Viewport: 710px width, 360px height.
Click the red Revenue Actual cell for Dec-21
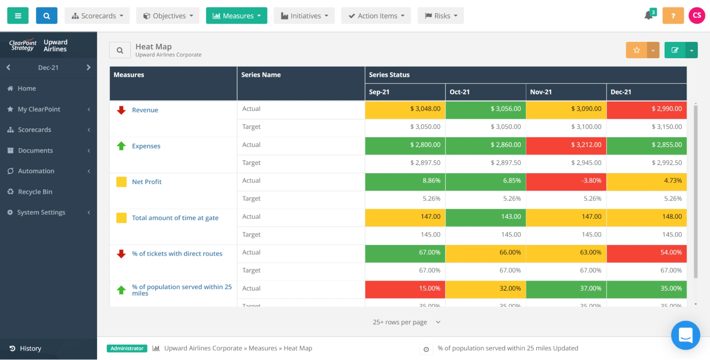click(x=646, y=109)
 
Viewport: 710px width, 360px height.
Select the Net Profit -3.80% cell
click(x=566, y=181)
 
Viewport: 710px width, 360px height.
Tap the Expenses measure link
click(x=146, y=146)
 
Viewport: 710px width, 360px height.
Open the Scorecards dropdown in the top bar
click(x=97, y=16)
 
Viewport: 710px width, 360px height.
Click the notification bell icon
click(x=649, y=16)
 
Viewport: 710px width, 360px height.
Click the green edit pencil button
click(x=674, y=50)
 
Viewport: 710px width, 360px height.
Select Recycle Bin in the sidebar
click(x=35, y=192)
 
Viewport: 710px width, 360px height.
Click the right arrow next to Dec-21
click(x=88, y=67)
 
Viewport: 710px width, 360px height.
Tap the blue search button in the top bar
click(x=47, y=16)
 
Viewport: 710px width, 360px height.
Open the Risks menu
click(x=440, y=16)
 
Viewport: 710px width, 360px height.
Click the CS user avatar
click(x=697, y=16)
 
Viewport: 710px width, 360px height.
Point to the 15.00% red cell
click(x=405, y=288)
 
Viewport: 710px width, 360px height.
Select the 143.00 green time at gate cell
click(x=485, y=217)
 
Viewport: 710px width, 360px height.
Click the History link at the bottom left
click(x=30, y=348)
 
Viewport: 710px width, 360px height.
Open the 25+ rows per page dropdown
click(x=406, y=322)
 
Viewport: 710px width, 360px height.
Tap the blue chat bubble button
click(x=685, y=335)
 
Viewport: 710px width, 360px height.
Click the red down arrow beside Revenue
click(x=121, y=110)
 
